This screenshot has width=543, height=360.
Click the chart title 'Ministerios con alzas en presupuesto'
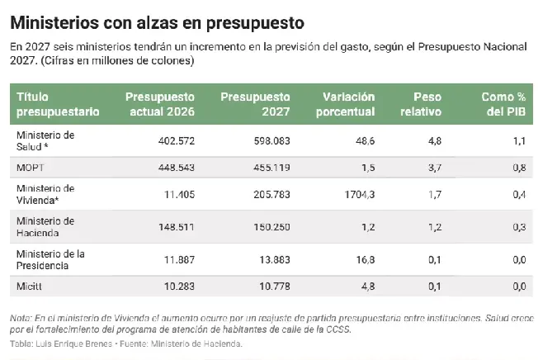click(x=158, y=23)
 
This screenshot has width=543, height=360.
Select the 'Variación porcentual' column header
click(x=345, y=104)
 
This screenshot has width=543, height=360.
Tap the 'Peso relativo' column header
click(x=421, y=104)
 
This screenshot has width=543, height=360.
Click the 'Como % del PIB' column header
click(x=503, y=104)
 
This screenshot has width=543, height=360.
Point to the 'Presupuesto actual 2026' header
click(x=160, y=104)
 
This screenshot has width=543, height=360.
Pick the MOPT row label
click(x=31, y=168)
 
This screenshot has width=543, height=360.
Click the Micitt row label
click(x=29, y=287)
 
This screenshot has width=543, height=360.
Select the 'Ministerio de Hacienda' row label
click(x=45, y=227)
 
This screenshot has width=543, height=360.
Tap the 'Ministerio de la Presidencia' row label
click(x=50, y=260)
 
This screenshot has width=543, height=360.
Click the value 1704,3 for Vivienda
click(x=360, y=194)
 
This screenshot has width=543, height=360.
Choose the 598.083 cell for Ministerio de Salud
click(x=271, y=141)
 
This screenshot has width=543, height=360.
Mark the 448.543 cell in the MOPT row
click(x=177, y=168)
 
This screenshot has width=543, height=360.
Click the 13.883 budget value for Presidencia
click(x=275, y=260)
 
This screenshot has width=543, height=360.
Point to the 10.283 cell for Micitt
click(x=179, y=287)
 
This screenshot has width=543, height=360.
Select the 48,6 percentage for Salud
click(x=366, y=141)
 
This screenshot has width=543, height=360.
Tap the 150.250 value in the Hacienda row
click(x=271, y=227)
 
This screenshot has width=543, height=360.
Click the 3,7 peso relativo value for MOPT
click(x=435, y=168)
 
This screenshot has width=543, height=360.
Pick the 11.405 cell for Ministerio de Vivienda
click(x=179, y=194)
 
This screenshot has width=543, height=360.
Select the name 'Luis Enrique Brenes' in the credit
click(x=74, y=343)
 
